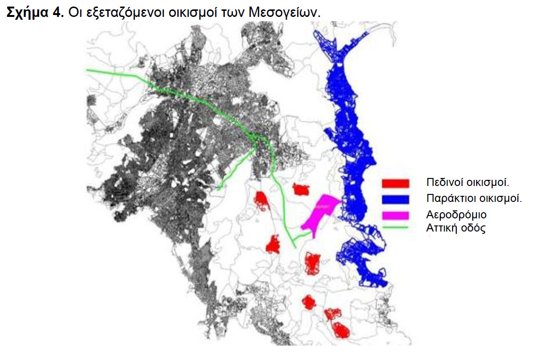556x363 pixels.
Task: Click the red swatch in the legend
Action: [396, 182]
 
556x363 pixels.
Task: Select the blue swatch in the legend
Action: [396, 199]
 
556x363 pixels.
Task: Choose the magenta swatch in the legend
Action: [396, 215]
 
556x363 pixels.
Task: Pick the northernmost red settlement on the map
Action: [301, 189]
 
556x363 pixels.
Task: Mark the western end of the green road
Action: [88, 70]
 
